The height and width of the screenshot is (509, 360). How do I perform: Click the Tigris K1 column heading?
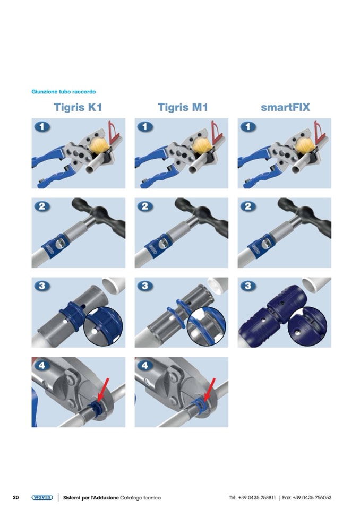tap(78, 107)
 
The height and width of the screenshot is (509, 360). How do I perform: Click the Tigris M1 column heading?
tap(183, 107)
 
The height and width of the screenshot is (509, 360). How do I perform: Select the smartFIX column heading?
tap(285, 107)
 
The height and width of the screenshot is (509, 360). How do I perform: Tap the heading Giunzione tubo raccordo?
tap(64, 92)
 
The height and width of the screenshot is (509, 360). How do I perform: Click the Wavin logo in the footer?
tap(42, 497)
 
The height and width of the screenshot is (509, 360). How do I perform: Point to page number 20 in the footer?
tap(15, 497)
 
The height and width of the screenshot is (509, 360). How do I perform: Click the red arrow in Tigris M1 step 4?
tap(209, 390)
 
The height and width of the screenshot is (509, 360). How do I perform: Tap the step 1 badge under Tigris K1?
tap(42, 127)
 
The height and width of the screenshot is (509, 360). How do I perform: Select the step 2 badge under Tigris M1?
tap(145, 206)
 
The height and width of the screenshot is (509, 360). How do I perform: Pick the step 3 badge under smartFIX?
tap(248, 286)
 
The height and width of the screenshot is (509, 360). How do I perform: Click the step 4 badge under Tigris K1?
tap(42, 366)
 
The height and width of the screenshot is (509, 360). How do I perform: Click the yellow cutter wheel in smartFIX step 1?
tap(304, 145)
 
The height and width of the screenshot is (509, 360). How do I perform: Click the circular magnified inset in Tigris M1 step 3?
tap(207, 326)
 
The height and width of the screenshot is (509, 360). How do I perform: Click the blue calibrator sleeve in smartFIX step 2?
tap(261, 246)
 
